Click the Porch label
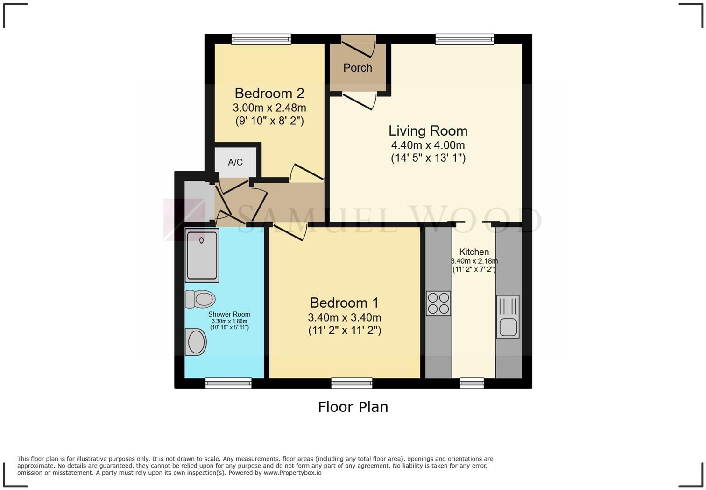point(358,68)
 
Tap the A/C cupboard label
point(235,162)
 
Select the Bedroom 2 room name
point(269,93)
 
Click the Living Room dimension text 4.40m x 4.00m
point(428,145)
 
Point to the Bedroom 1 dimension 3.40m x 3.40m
point(345,317)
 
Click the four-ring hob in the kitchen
point(438,303)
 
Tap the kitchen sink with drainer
point(508,317)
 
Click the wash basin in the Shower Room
point(196,342)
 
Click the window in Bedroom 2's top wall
point(261,39)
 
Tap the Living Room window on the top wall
point(465,39)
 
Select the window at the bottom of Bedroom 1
point(352,383)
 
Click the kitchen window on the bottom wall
point(472,383)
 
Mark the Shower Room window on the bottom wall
point(228,383)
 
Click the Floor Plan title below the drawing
point(353,407)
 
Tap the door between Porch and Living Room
point(360,101)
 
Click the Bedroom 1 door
point(289,231)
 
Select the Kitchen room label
point(474,252)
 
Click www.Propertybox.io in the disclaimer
point(292,473)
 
